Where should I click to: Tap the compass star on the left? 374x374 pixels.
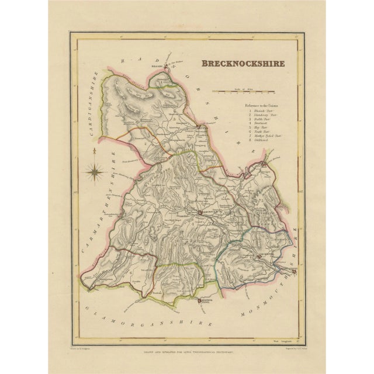(x=95, y=172)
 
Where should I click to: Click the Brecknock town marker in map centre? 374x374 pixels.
(x=200, y=213)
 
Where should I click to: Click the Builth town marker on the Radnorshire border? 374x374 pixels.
(x=200, y=126)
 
